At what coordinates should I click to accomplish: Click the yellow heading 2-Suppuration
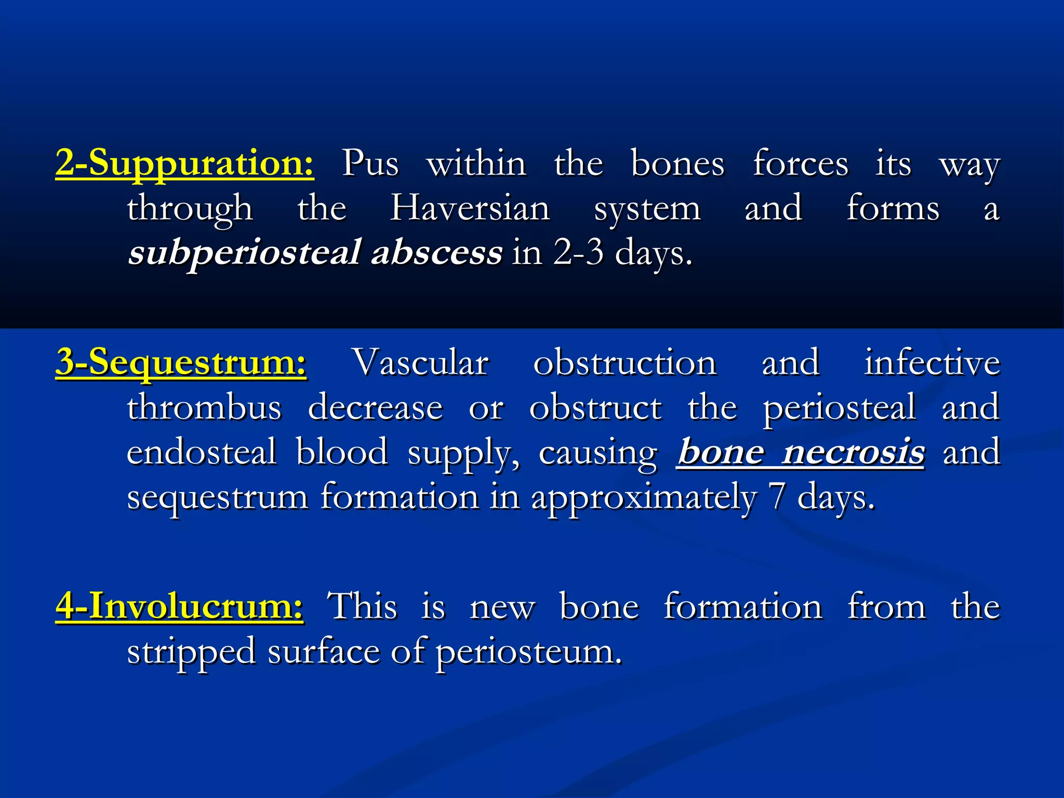tap(184, 164)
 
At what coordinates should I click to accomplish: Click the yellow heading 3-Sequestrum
tap(181, 362)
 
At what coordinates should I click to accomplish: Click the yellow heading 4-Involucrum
tap(179, 606)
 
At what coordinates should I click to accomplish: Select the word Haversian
tap(470, 208)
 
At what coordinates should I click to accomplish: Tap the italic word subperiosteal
tap(244, 253)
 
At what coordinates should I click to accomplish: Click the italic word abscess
tap(437, 253)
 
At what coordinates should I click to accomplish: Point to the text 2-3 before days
tap(578, 253)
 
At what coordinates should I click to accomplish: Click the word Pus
tap(370, 164)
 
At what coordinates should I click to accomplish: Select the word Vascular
tap(421, 362)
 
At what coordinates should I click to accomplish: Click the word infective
tap(932, 362)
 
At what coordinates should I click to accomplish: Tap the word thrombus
tap(204, 407)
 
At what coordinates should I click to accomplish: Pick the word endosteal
tap(202, 452)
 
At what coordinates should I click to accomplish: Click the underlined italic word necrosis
tap(854, 452)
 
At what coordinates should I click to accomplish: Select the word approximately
tap(644, 498)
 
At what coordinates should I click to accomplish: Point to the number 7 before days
tap(777, 498)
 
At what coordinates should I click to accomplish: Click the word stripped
tap(191, 651)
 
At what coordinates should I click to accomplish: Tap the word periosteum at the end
tap(528, 651)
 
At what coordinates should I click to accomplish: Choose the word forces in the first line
tap(801, 164)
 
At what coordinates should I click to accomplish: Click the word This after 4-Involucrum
tap(362, 606)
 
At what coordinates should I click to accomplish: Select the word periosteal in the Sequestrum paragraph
tap(839, 407)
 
